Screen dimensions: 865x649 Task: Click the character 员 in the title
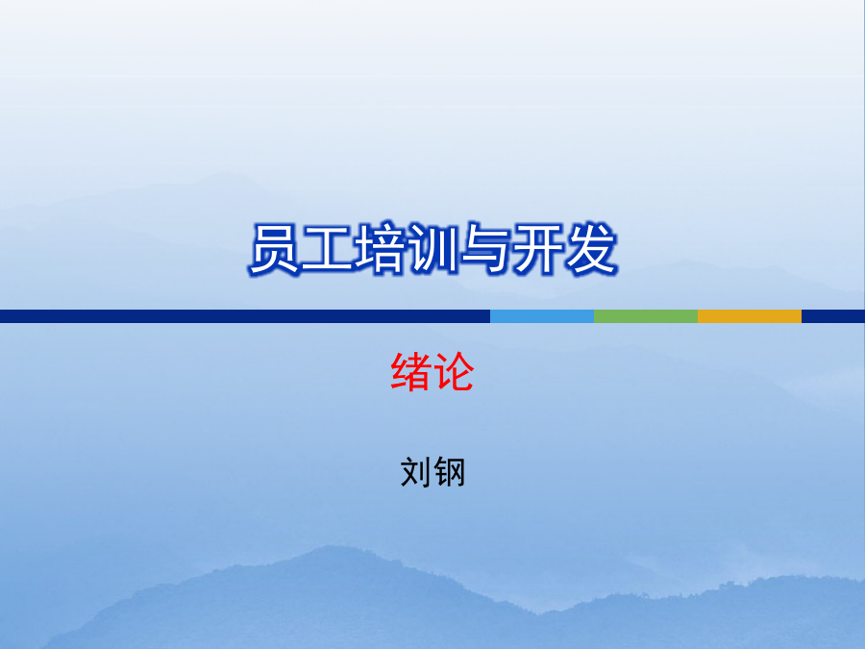[x=275, y=249]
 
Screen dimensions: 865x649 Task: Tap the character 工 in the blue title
[x=327, y=249]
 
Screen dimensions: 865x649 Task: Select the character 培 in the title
[x=380, y=249]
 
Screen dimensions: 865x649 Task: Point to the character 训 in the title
[x=432, y=249]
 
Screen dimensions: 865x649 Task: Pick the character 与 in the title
[x=484, y=249]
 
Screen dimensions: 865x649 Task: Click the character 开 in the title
[x=536, y=249]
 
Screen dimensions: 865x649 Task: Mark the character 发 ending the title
[x=589, y=249]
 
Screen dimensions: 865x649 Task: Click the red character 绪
[x=411, y=372]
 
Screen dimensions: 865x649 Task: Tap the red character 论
[x=454, y=372]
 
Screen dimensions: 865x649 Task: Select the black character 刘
[x=416, y=472]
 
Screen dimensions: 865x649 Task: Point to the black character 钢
[x=449, y=472]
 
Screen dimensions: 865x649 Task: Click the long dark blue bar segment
[x=245, y=316]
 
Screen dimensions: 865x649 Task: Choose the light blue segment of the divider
[x=542, y=316]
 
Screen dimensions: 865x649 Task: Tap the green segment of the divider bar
[x=646, y=316]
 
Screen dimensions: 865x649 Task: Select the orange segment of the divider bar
[x=750, y=316]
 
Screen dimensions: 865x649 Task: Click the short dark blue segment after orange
[x=833, y=316]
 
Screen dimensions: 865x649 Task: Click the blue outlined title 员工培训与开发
[x=433, y=249]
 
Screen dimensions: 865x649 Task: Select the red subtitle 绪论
[x=432, y=372]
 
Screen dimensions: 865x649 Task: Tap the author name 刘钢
[x=432, y=472]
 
